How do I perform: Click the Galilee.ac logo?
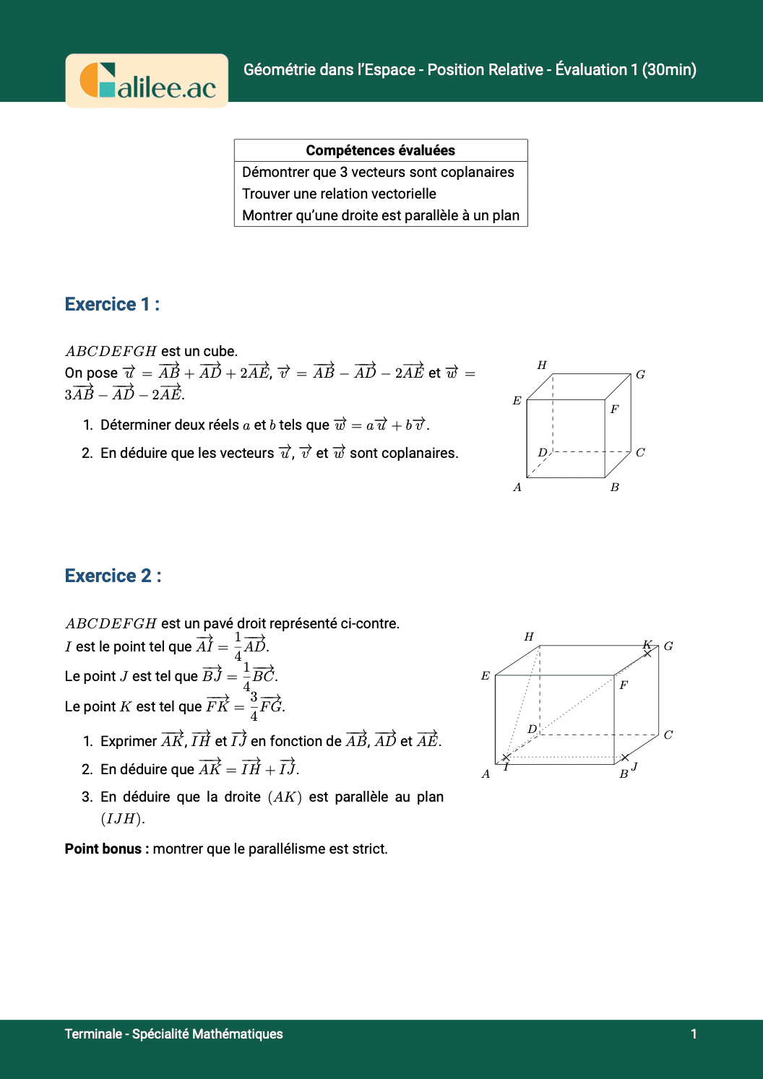(147, 81)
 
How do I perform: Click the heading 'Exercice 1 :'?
(112, 304)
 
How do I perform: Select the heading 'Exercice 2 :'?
(113, 576)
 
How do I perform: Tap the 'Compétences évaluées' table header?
(381, 150)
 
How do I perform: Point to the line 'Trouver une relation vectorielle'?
(339, 194)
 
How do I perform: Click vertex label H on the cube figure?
(542, 365)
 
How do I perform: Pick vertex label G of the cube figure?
(640, 375)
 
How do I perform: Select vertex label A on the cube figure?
(517, 487)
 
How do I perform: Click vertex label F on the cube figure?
(614, 409)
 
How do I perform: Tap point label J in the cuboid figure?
(634, 766)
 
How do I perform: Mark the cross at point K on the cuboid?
(647, 653)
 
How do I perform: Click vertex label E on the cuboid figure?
(486, 676)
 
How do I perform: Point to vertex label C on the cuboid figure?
(668, 735)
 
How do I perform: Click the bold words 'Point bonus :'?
(107, 849)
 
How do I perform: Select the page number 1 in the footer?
(694, 1033)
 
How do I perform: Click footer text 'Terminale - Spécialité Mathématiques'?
(173, 1033)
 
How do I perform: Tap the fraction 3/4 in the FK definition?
(254, 706)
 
